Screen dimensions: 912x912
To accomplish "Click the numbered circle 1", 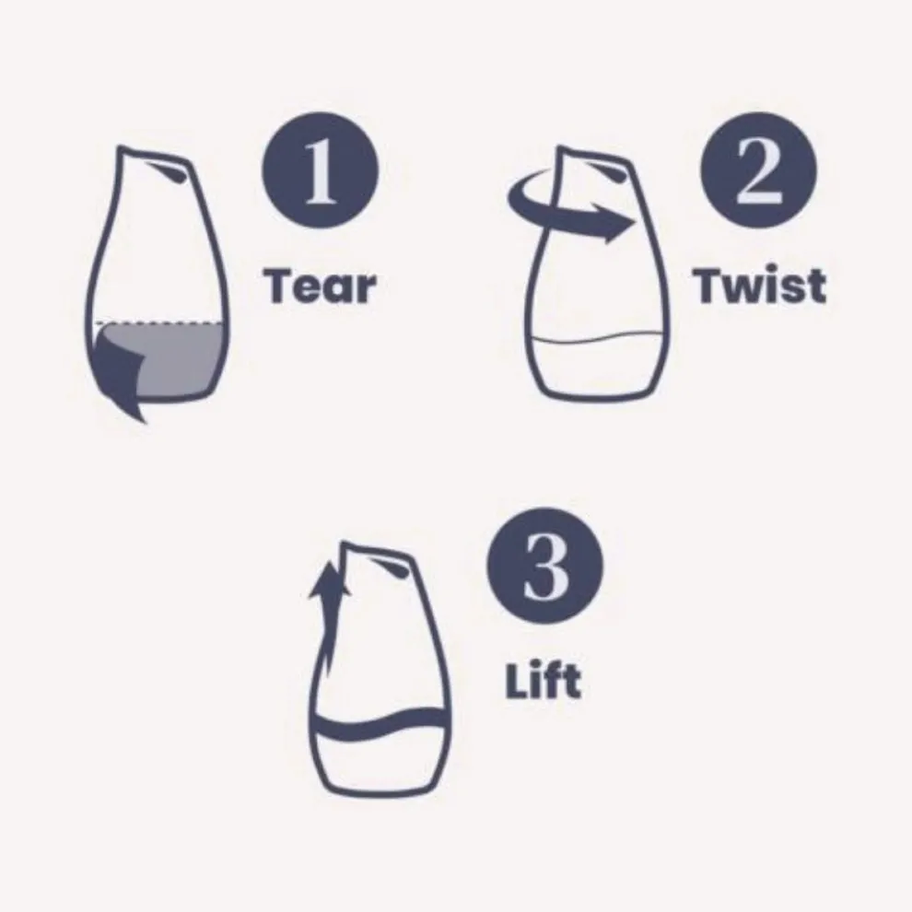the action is (320, 170).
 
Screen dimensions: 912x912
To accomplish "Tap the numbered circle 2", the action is (758, 170).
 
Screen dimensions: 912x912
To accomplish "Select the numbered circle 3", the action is (545, 566).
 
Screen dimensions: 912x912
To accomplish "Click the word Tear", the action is (320, 286).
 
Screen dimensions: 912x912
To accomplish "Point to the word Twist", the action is (760, 286).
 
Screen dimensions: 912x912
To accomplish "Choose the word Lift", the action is (544, 681).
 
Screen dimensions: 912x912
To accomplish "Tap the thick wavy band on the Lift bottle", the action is (381, 725).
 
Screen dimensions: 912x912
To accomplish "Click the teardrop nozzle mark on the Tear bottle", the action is (167, 172).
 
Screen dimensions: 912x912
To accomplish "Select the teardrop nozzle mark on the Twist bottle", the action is (606, 172).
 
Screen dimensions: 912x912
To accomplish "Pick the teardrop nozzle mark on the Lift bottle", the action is (391, 568).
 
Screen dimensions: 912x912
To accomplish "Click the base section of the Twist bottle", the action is (596, 370).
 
